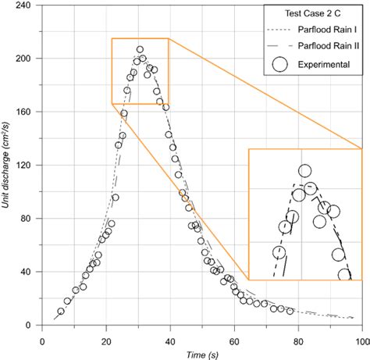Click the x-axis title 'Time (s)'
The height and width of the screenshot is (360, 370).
point(201,352)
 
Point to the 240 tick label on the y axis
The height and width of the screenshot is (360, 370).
point(24,5)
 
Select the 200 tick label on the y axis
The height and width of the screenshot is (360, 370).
point(24,59)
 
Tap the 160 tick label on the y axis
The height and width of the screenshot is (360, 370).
point(24,112)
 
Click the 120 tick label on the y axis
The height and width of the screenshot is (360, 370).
point(24,166)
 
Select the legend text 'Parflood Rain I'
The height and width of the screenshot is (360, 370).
point(322,30)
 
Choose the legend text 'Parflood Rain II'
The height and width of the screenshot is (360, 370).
point(323,46)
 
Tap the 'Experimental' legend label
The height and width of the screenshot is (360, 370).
point(320,64)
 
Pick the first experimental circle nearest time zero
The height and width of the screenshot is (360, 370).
point(61,312)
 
